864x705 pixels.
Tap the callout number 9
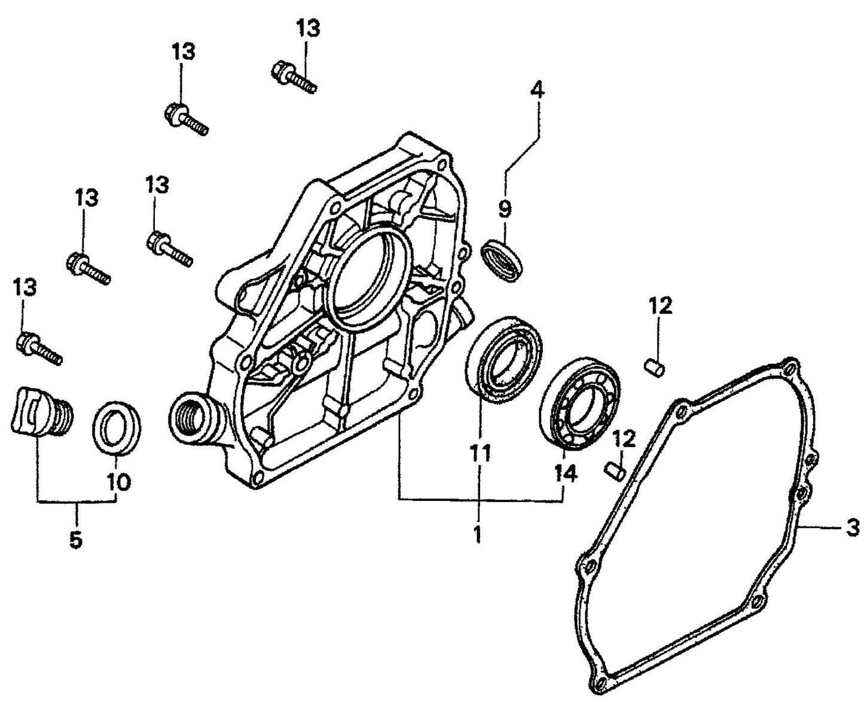pos(505,209)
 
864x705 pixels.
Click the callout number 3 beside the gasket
pos(853,528)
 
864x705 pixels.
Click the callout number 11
pos(479,454)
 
